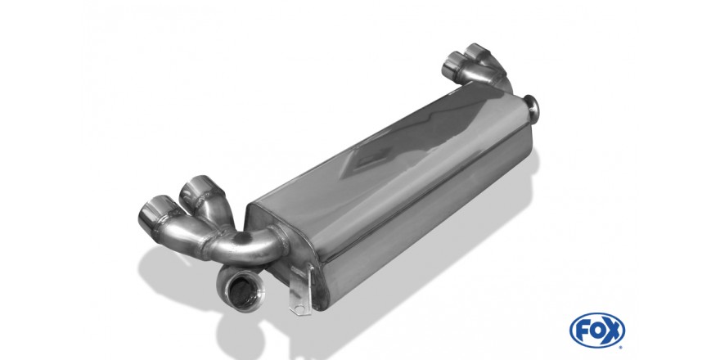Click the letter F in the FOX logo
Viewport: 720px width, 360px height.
coord(582,331)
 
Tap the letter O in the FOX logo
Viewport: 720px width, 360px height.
coord(597,331)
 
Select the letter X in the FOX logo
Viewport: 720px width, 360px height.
coord(613,331)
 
